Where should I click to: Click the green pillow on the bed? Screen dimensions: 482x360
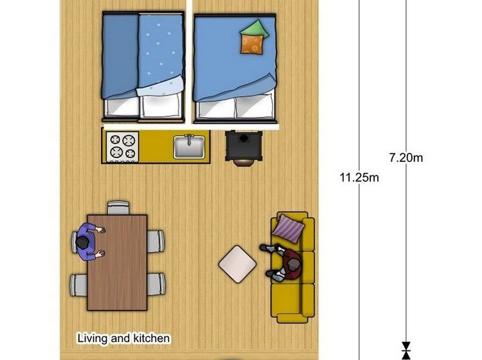254,28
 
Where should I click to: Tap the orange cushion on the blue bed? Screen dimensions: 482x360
252,44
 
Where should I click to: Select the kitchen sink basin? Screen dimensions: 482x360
189,147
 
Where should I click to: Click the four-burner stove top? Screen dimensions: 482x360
122,147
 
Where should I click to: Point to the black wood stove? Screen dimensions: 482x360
244,148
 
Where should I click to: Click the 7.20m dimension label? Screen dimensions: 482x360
406,157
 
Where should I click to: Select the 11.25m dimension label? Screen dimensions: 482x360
359,177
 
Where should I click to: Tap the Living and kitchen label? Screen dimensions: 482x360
123,338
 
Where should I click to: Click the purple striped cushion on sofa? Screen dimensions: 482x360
289,229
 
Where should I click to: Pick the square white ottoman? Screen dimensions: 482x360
237,264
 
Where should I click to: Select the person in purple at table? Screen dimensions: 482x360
89,242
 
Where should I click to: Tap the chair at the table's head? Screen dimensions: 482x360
118,208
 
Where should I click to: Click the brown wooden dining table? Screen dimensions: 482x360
117,262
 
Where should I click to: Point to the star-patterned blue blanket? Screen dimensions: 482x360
161,55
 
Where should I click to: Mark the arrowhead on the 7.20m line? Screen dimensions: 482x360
406,346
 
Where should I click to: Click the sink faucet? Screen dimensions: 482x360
189,139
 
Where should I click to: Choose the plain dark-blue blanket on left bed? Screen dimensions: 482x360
121,56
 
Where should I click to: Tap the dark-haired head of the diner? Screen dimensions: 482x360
82,242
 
